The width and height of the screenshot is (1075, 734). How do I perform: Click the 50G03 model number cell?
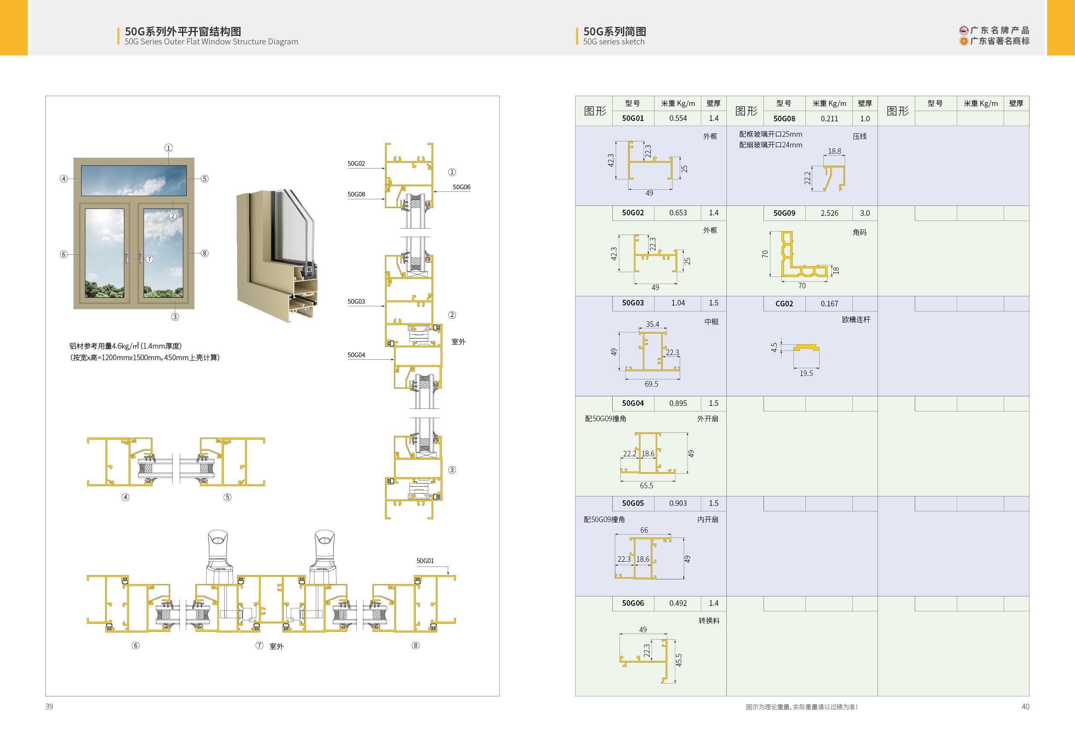click(x=633, y=303)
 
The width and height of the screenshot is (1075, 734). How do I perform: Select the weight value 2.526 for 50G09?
click(x=829, y=213)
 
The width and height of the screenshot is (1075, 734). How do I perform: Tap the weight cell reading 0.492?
click(x=678, y=603)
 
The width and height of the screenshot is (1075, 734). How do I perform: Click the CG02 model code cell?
click(x=784, y=304)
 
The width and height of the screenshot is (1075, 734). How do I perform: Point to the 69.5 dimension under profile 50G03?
click(x=651, y=384)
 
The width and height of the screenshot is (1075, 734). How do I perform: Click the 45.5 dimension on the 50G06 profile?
click(x=678, y=660)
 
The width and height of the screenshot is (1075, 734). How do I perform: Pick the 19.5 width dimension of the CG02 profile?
click(x=806, y=373)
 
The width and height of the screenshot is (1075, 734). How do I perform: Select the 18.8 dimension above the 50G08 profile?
click(x=834, y=151)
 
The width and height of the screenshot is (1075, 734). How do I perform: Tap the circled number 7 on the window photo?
click(x=150, y=259)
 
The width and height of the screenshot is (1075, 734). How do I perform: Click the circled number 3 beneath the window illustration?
click(x=175, y=317)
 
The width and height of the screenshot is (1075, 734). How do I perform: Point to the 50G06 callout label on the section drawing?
click(x=461, y=187)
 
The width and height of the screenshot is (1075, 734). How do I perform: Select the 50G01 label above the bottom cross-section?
click(x=425, y=561)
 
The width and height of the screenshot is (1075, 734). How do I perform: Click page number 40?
click(x=1025, y=706)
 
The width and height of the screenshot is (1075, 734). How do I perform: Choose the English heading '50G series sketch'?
click(x=614, y=41)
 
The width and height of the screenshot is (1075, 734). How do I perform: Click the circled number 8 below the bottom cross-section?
click(x=415, y=645)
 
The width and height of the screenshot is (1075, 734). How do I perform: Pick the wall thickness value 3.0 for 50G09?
click(x=864, y=213)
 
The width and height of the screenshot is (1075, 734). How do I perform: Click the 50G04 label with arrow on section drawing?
click(x=356, y=355)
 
